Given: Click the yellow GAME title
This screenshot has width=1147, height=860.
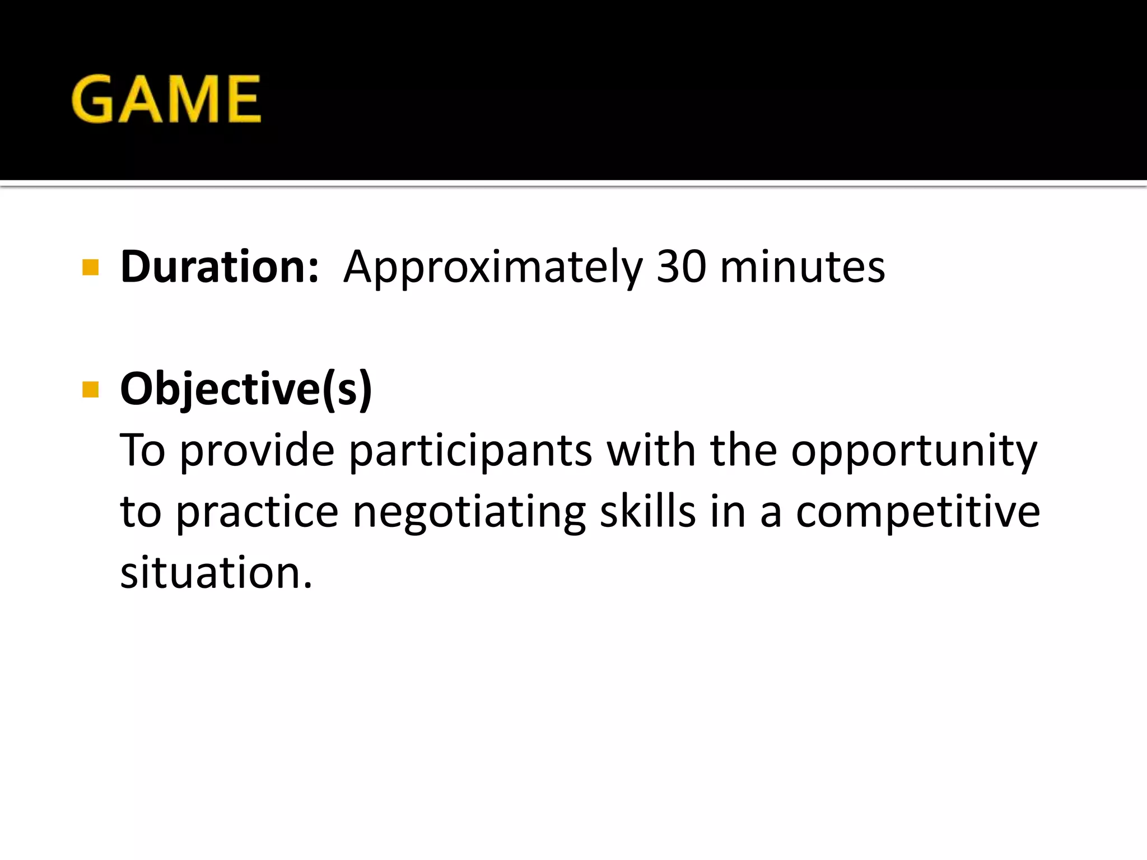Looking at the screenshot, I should click(166, 99).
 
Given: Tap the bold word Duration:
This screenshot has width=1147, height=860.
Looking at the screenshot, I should click(220, 267).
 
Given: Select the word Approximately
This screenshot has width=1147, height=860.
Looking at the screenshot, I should click(493, 268).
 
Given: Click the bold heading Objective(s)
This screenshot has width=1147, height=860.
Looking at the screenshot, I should click(246, 389).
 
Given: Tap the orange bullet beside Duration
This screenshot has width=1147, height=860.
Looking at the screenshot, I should click(90, 268).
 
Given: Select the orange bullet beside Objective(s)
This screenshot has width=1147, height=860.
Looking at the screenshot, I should click(90, 389).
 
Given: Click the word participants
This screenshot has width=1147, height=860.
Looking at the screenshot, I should click(471, 451).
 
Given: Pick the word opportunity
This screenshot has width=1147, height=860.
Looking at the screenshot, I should click(914, 451).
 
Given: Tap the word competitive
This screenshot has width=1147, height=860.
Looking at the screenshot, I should click(918, 512).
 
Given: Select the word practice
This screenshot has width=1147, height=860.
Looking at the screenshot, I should click(258, 513).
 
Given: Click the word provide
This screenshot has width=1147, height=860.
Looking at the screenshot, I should click(257, 450).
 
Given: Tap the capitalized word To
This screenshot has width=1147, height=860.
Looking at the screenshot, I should click(143, 450).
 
